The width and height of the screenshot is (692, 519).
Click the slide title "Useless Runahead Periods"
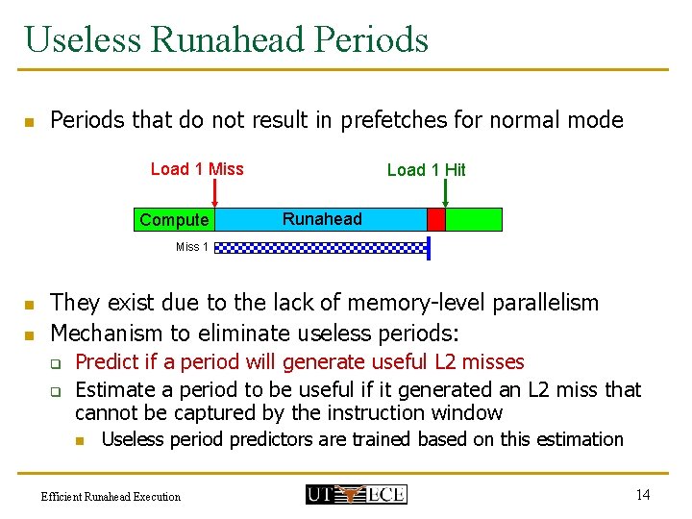[227, 39]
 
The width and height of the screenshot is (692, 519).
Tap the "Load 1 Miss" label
[197, 169]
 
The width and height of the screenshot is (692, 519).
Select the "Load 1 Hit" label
[426, 170]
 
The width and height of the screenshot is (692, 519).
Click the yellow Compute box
[174, 220]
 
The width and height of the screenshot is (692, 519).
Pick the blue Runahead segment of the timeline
[322, 219]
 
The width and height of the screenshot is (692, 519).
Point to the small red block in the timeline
[436, 219]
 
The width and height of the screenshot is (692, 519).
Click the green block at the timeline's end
[474, 219]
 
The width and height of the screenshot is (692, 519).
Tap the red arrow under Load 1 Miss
[214, 193]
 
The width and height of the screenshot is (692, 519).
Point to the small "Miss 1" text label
[191, 247]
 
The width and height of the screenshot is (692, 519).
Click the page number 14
[642, 494]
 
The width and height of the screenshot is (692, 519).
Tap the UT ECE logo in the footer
[356, 494]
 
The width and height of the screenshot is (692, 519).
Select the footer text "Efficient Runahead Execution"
[111, 496]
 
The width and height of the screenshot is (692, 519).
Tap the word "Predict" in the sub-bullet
[107, 362]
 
